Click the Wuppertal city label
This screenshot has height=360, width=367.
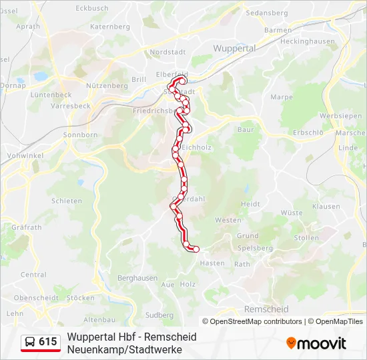click(234, 49)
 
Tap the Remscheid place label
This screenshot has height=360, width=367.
click(266, 309)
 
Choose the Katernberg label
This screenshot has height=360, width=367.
click(109, 27)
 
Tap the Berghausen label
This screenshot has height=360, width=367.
click(137, 278)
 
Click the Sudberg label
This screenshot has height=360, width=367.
click(159, 315)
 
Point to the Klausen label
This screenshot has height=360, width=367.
click(326, 207)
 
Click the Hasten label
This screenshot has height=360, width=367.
click(212, 263)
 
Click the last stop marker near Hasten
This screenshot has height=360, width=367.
click(196, 249)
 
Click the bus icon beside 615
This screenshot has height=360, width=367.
click(30, 342)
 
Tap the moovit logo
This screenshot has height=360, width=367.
click(316, 343)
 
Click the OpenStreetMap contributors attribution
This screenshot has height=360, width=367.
click(252, 321)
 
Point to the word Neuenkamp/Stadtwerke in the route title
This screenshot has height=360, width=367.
click(124, 349)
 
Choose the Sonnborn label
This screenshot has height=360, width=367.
click(80, 135)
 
